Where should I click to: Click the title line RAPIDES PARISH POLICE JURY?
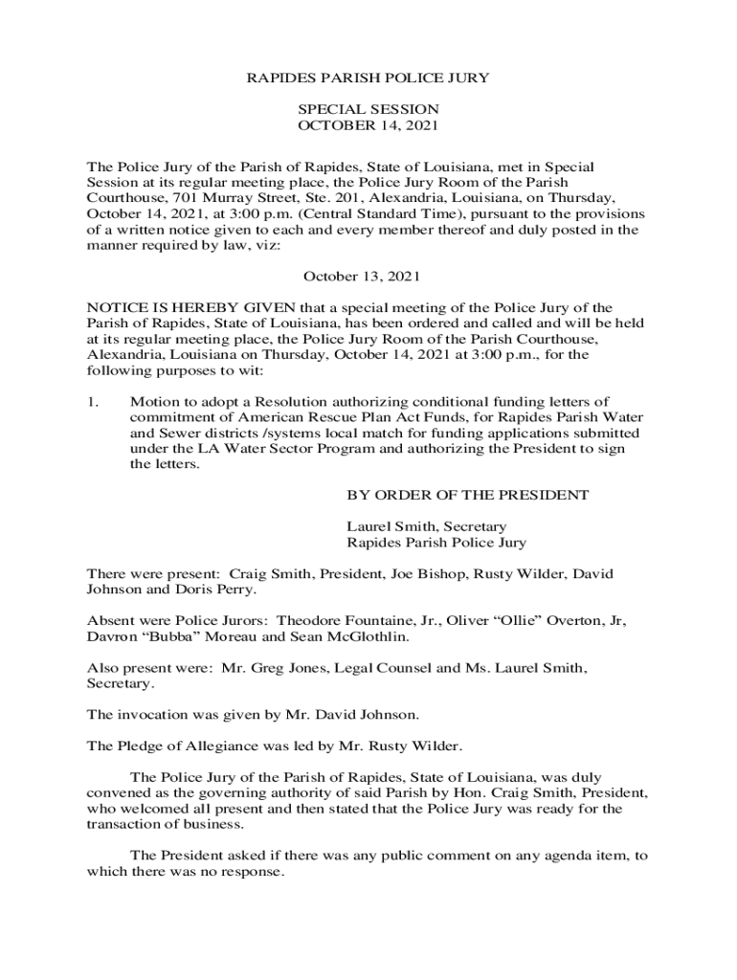[368, 78]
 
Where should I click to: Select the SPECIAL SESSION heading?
[368, 109]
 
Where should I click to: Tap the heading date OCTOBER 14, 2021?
[368, 125]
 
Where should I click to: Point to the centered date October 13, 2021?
[361, 277]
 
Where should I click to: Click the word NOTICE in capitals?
[113, 307]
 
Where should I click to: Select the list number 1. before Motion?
[93, 401]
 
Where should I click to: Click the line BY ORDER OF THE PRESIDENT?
[467, 495]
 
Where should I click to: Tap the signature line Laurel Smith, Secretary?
[426, 526]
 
